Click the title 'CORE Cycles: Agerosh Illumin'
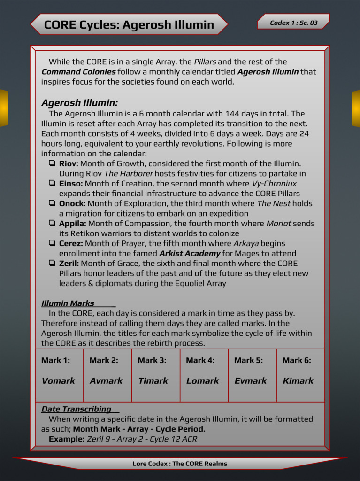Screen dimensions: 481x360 click(129, 25)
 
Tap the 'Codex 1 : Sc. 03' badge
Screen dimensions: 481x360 click(293, 23)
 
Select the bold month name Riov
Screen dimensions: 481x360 click(68, 164)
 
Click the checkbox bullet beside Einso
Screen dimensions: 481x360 click(52, 184)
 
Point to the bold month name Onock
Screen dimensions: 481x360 click(72, 203)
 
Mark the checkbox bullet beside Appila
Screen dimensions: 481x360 click(52, 224)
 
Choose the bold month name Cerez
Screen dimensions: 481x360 click(71, 243)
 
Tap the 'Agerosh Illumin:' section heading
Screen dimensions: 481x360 click(79, 103)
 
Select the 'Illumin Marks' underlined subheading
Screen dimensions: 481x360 click(68, 303)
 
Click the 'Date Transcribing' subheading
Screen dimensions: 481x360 click(76, 409)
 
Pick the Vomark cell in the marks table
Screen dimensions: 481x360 click(58, 381)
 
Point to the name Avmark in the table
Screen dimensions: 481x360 click(106, 381)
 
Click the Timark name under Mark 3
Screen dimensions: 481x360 click(153, 381)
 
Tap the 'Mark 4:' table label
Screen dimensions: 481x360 click(200, 361)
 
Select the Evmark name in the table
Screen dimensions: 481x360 click(251, 381)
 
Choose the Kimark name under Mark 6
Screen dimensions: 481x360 click(298, 381)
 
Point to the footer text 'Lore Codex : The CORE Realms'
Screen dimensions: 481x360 click(180, 464)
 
